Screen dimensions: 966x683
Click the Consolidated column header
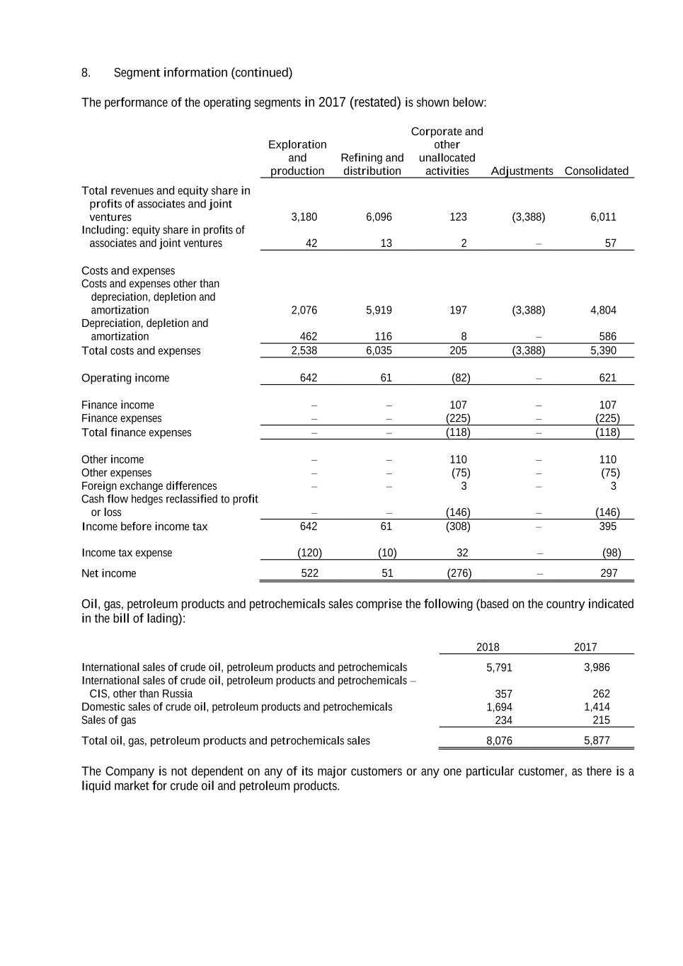[596, 171]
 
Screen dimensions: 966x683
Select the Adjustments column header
[522, 171]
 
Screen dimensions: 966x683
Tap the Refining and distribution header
[372, 164]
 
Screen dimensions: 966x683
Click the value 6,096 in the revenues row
[379, 217]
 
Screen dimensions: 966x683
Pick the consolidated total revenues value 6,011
[603, 217]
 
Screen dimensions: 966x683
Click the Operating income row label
[125, 378]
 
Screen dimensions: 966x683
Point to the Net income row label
[109, 573]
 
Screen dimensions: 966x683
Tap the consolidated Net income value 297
[609, 573]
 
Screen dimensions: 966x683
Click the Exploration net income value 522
[309, 573]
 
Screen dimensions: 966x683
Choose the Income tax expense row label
[127, 553]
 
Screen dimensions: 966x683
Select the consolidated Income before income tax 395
[607, 527]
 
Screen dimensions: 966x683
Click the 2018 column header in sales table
[488, 647]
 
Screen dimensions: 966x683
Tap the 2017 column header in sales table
[585, 647]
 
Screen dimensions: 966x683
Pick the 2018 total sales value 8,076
[499, 741]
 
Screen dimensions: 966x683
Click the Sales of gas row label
[109, 720]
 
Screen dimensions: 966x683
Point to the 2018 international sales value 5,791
[499, 667]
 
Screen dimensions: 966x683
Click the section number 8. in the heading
[86, 73]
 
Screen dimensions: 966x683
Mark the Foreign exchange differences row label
[149, 486]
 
